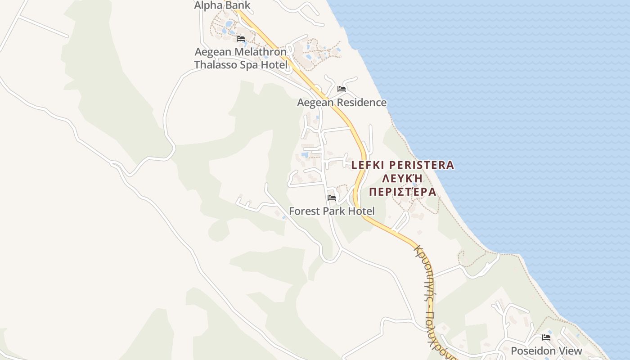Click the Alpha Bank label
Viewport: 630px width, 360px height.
[x=222, y=5]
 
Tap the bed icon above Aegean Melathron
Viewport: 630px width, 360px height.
[x=241, y=39]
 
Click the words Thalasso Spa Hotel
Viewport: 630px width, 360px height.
[x=241, y=65]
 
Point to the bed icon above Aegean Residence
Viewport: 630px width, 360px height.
[x=342, y=89]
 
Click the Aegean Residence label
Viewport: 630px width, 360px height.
[x=342, y=103]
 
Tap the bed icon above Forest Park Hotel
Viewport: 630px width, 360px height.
[x=332, y=198]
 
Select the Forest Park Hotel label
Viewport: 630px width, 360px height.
[x=332, y=211]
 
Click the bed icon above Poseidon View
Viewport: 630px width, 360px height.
[x=546, y=337]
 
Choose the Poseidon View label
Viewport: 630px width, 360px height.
[x=546, y=351]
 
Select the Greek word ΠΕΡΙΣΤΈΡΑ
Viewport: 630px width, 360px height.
[x=402, y=192]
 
